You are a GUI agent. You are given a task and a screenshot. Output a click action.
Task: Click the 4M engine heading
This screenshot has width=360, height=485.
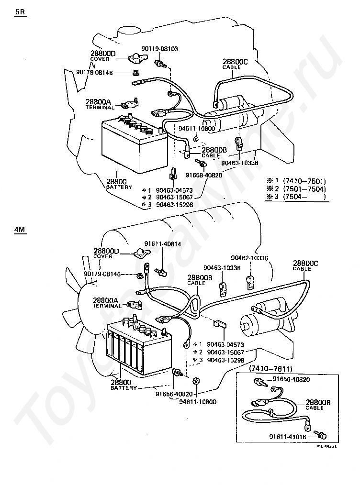(20, 230)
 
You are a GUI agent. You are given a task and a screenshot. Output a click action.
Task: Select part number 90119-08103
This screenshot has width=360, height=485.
(159, 49)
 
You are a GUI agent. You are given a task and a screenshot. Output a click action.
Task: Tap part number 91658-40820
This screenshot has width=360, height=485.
(204, 175)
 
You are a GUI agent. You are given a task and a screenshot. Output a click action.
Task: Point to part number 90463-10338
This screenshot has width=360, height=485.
(240, 163)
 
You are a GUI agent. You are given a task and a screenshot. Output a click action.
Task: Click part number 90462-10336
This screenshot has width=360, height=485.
(249, 258)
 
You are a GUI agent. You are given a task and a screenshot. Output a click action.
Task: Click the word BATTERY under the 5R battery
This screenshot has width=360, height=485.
(119, 187)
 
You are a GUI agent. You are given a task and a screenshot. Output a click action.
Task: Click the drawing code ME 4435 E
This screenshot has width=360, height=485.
(327, 446)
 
